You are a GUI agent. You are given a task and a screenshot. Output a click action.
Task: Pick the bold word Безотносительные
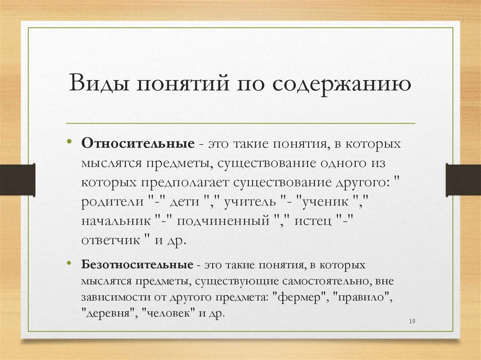click(137, 265)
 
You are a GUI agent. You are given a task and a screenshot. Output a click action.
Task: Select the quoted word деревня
click(109, 314)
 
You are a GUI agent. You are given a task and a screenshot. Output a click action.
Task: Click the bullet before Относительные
click(70, 141)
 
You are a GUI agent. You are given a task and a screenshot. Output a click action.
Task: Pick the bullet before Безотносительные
click(70, 264)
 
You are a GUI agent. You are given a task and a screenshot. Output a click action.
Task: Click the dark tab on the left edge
click(17, 180)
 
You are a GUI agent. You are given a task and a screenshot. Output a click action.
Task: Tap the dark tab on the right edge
click(463, 180)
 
